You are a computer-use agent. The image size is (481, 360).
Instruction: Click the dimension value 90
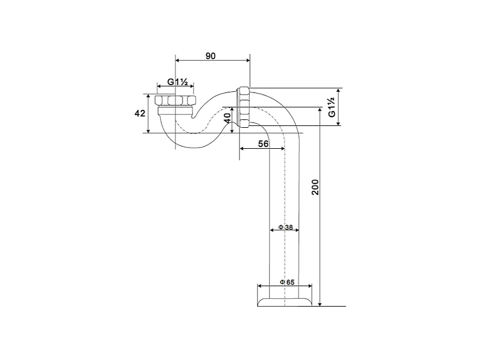(x=211, y=56)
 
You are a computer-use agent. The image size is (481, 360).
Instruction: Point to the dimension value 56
(x=262, y=143)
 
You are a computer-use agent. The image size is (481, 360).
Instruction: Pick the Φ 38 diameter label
(x=285, y=228)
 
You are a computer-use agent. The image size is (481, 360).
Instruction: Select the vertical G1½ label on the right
(x=331, y=107)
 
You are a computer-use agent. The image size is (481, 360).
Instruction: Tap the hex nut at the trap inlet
(x=175, y=100)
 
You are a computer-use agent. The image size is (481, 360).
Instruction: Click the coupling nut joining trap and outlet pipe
(x=244, y=108)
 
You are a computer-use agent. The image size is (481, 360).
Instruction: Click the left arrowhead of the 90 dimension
(x=177, y=60)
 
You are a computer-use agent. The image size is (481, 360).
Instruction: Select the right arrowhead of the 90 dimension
(x=247, y=60)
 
